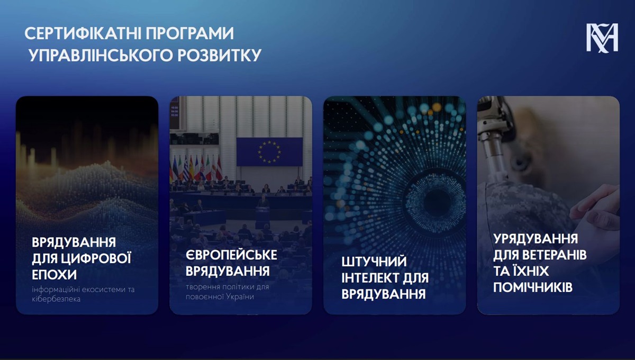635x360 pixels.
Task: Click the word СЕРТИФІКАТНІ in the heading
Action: point(83,33)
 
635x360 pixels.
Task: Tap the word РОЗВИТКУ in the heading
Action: point(220,55)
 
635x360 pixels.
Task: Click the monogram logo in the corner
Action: point(602,38)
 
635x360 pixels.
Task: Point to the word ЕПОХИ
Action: point(54,275)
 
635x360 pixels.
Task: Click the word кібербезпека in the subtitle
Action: point(56,299)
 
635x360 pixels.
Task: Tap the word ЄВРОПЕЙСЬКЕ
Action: point(231,255)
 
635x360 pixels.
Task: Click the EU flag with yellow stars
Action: point(269,152)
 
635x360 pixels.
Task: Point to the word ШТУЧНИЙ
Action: point(374,262)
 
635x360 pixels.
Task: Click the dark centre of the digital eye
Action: point(437,202)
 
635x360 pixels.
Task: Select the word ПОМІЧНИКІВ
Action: point(533,287)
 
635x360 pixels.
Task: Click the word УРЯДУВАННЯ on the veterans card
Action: point(536,239)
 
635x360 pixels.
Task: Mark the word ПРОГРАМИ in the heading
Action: point(190,33)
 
